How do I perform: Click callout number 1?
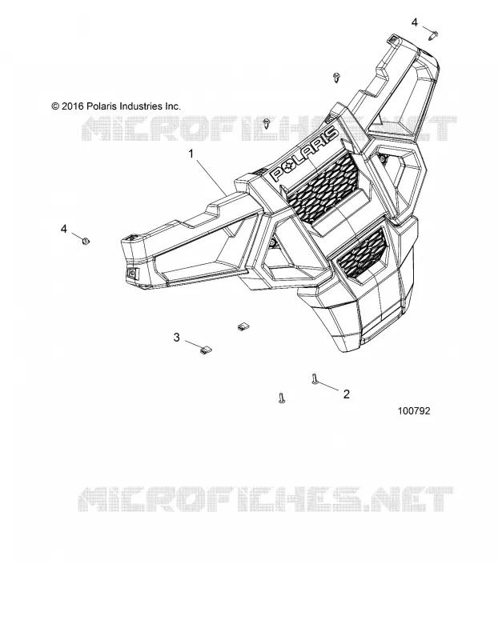[191, 154]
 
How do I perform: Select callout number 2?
[347, 394]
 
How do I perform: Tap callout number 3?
[176, 338]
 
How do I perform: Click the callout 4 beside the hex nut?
[64, 229]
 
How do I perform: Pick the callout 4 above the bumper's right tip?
[414, 22]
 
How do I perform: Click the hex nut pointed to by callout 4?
[86, 241]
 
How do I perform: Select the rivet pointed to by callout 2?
[314, 378]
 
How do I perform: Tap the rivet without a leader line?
[281, 398]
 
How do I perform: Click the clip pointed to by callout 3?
[206, 350]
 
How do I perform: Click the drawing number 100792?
[414, 411]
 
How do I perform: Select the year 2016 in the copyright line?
[73, 106]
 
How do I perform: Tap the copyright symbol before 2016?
[55, 106]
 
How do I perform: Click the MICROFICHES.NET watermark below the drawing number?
[266, 499]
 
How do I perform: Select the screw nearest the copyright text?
[267, 122]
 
